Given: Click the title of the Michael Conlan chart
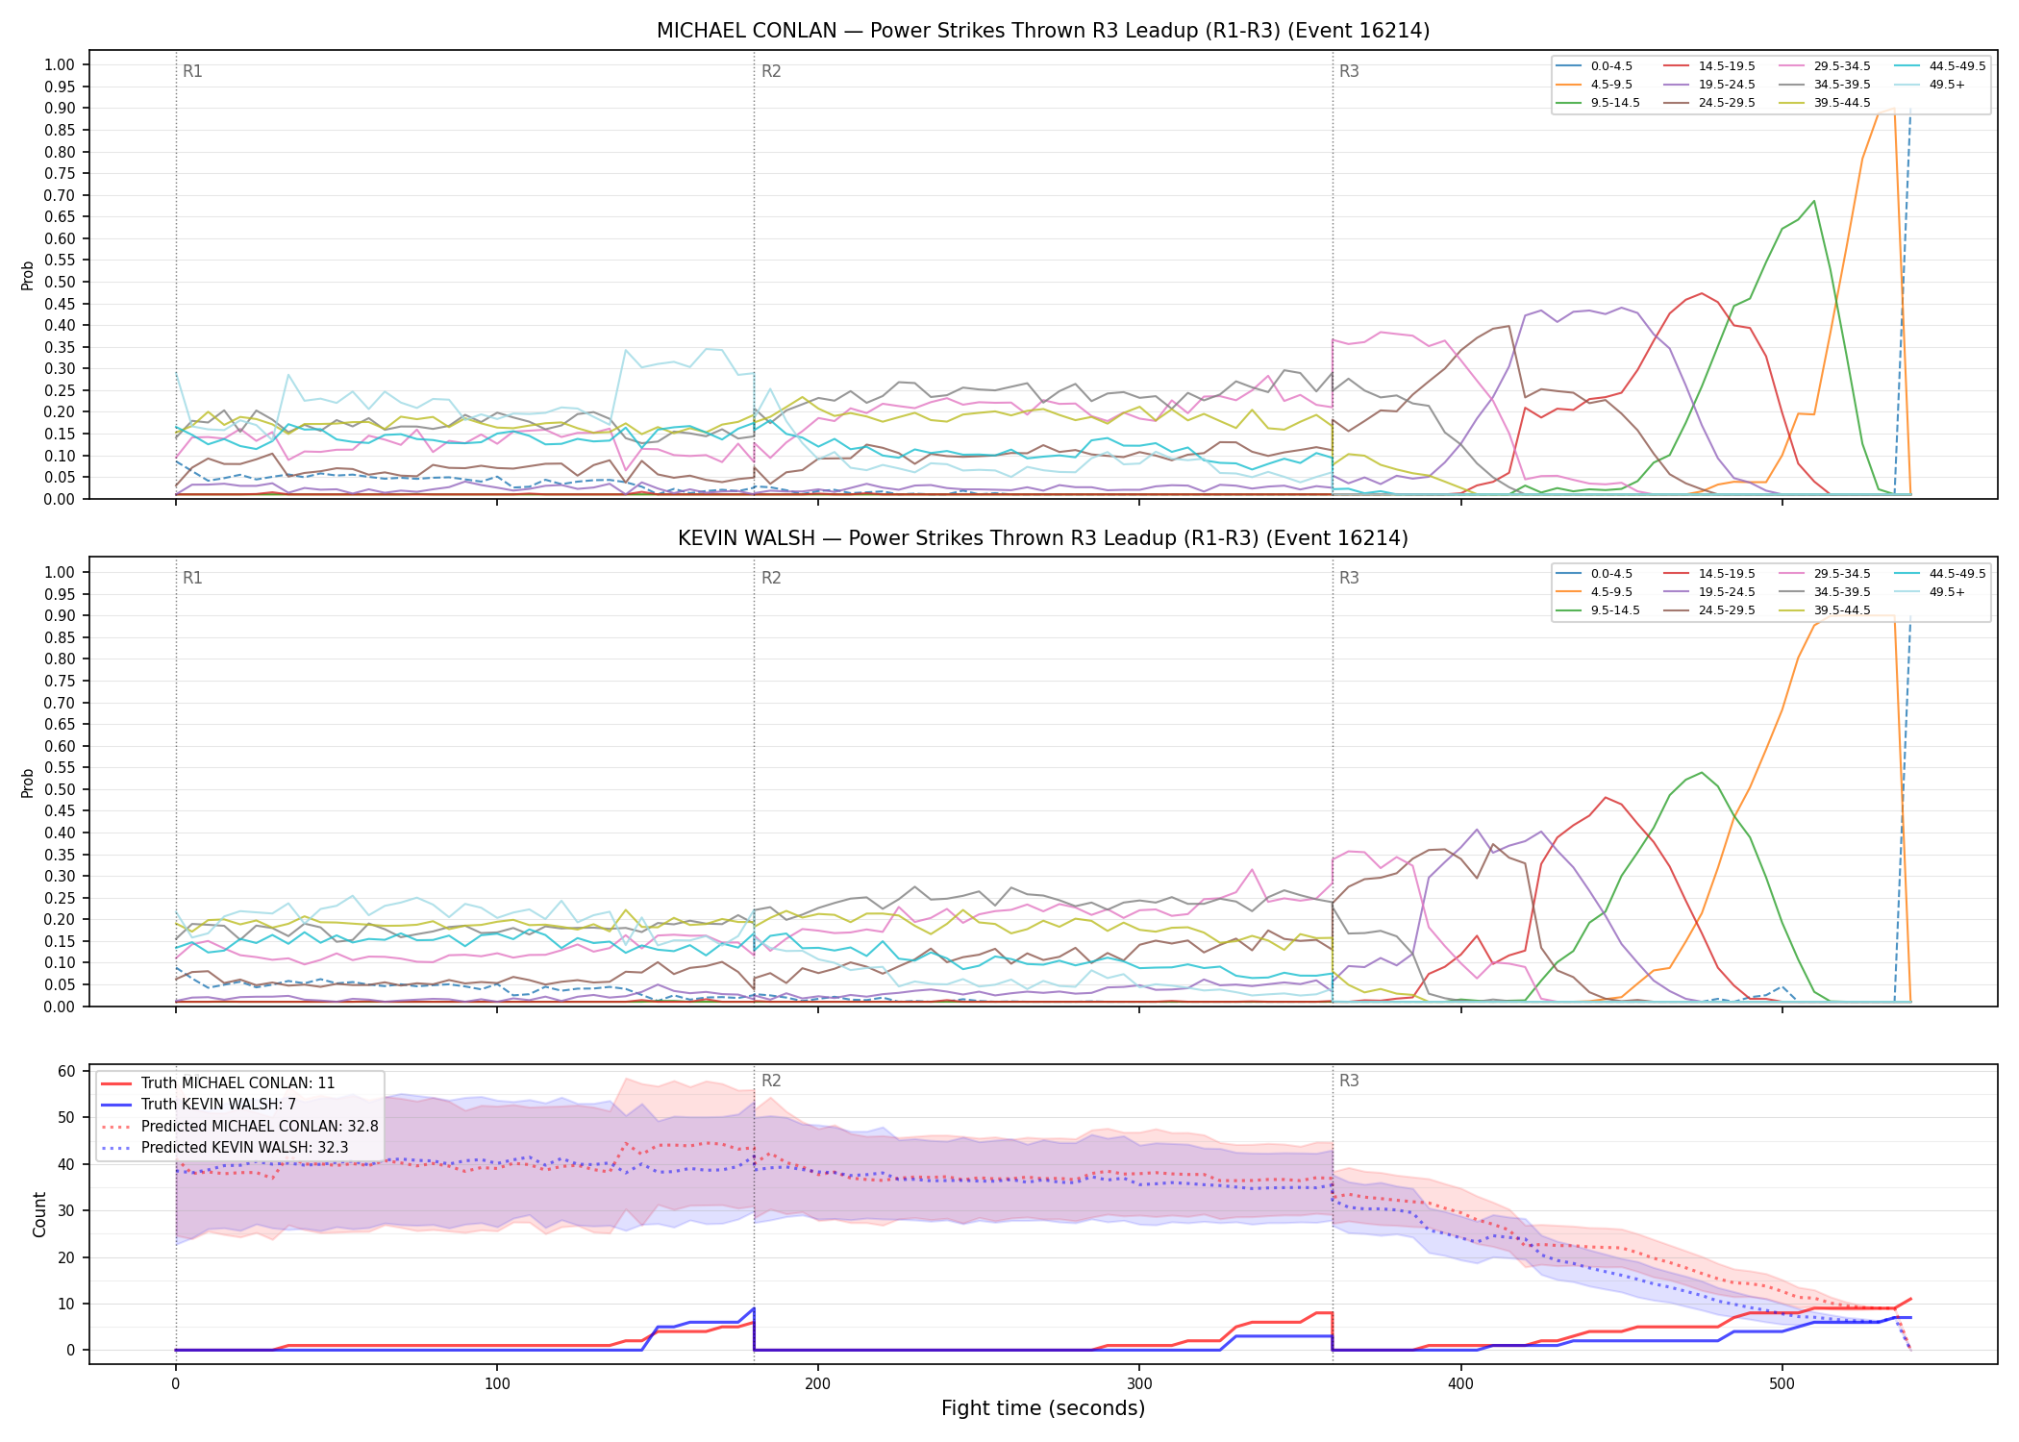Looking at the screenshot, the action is [1043, 31].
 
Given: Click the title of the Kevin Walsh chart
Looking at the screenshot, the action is [1043, 538].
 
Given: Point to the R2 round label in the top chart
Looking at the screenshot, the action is [771, 71].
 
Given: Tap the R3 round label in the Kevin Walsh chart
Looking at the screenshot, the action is [1349, 578].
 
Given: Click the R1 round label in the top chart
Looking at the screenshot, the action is [192, 71].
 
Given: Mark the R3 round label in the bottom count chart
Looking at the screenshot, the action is [1349, 1081].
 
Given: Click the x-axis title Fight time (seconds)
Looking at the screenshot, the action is [1043, 1408].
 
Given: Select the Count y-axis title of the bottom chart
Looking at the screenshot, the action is [39, 1214].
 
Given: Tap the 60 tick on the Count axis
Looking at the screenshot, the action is [66, 1071].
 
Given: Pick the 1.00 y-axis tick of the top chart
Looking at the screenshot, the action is [60, 65].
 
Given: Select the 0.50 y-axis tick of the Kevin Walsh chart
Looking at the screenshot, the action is [60, 789].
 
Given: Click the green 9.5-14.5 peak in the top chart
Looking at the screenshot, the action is [1813, 201].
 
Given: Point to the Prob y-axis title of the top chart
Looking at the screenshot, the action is [28, 276].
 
